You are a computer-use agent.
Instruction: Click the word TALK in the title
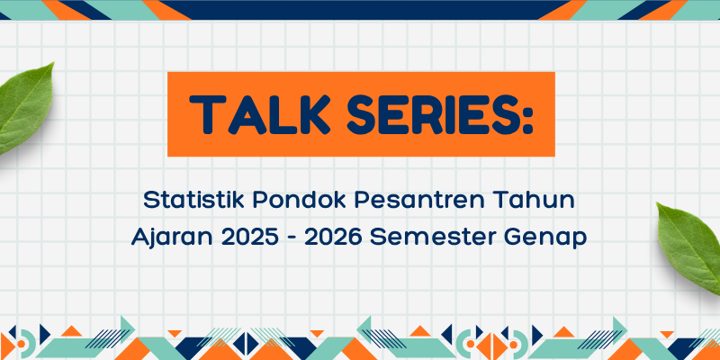coord(260,115)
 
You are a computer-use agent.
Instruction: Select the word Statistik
coord(194,201)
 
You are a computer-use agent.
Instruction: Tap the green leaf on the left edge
coord(24,109)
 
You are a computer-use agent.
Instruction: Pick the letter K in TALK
coord(313,115)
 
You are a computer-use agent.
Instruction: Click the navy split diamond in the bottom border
coord(246,344)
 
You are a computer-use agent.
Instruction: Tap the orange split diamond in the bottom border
coord(491,346)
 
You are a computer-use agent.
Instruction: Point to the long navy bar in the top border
coord(365,10)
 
